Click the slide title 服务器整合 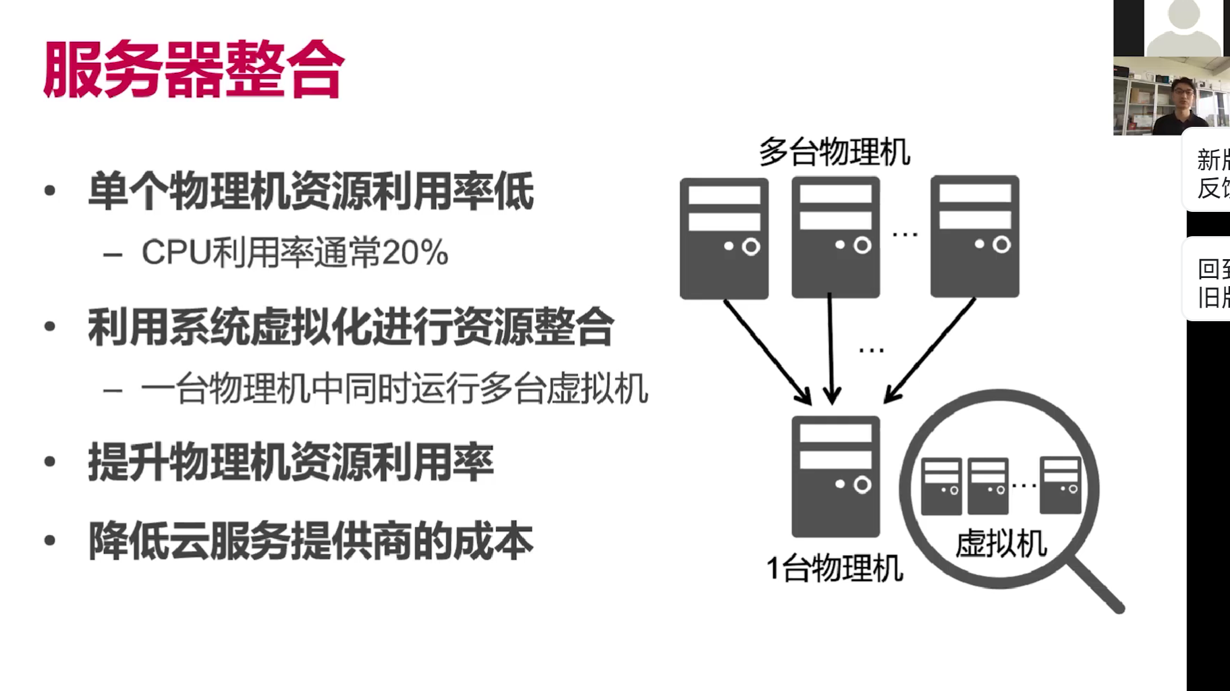tap(194, 70)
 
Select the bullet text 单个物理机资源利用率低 tap(310, 192)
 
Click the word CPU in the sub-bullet tap(176, 253)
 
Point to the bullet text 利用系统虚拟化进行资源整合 tap(350, 328)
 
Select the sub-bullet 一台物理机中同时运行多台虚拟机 tap(394, 389)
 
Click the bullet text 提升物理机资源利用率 tap(291, 463)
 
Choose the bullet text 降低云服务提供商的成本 tap(310, 541)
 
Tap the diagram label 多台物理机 tap(834, 152)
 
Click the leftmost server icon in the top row tap(724, 238)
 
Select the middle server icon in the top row tap(835, 238)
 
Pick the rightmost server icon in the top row tap(974, 237)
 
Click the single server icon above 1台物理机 tap(835, 476)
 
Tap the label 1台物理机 tap(835, 568)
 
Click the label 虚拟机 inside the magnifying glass tap(1001, 543)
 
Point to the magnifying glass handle tap(1097, 586)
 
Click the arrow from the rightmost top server tap(930, 351)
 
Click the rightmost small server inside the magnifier tap(1060, 485)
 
